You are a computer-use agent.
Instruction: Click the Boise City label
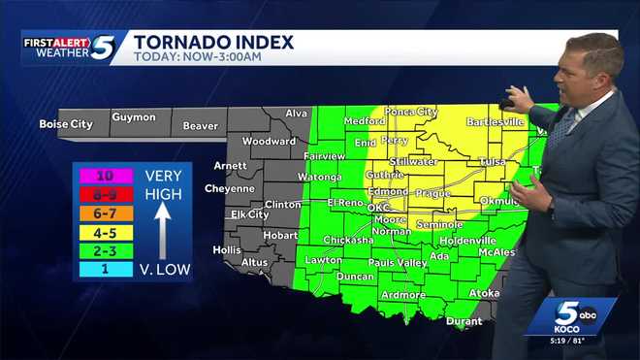[65, 124]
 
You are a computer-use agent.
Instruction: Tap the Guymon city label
[134, 117]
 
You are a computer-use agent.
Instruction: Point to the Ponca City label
[411, 112]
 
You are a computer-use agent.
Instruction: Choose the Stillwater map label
[414, 161]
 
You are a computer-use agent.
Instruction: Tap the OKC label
[379, 208]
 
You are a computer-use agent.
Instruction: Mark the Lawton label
[324, 260]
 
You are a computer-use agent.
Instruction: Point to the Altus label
[255, 262]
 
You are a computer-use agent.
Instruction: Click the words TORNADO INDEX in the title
[213, 42]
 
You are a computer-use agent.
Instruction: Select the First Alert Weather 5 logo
[70, 48]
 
